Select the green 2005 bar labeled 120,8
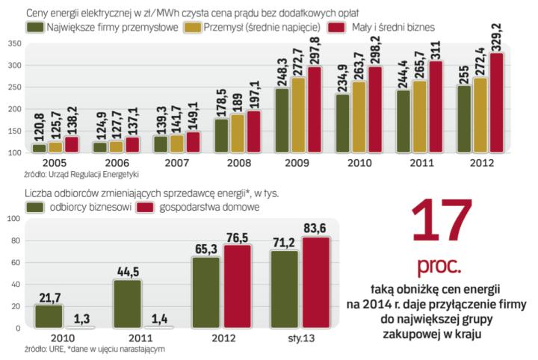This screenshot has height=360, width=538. pyautogui.click(x=39, y=148)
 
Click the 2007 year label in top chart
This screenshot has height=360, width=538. pyautogui.click(x=175, y=162)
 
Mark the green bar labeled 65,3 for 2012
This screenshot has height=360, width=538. pyautogui.click(x=204, y=293)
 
